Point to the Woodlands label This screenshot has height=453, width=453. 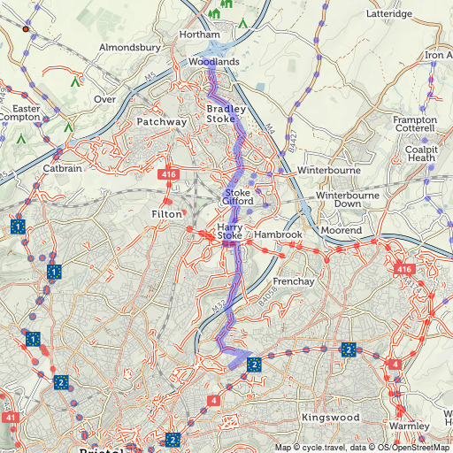214,62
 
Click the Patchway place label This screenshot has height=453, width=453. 162,121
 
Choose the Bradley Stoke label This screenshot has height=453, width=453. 226,113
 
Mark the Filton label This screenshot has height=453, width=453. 166,214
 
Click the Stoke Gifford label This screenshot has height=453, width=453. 238,196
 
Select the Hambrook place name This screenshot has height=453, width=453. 279,234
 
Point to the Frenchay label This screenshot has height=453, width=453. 294,281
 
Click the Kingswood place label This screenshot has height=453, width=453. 331,417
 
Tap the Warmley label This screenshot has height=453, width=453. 408,426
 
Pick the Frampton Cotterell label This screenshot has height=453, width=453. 416,125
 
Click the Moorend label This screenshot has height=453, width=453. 342,230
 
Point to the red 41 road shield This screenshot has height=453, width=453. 10,415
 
